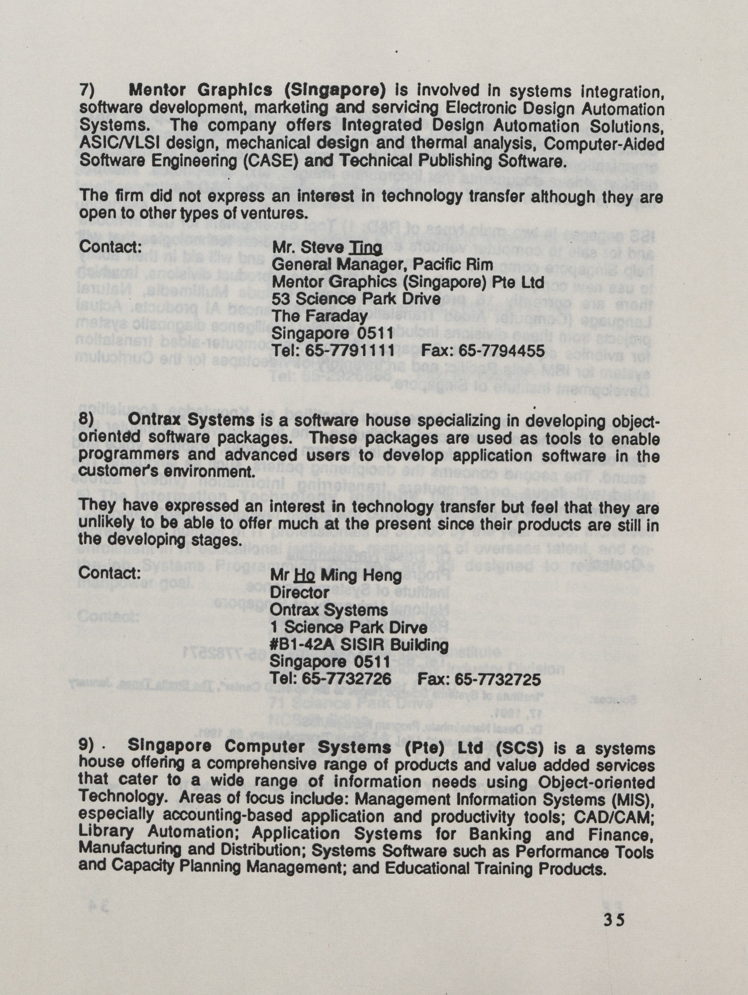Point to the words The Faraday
(x=320, y=316)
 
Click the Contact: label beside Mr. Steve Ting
(x=111, y=247)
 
